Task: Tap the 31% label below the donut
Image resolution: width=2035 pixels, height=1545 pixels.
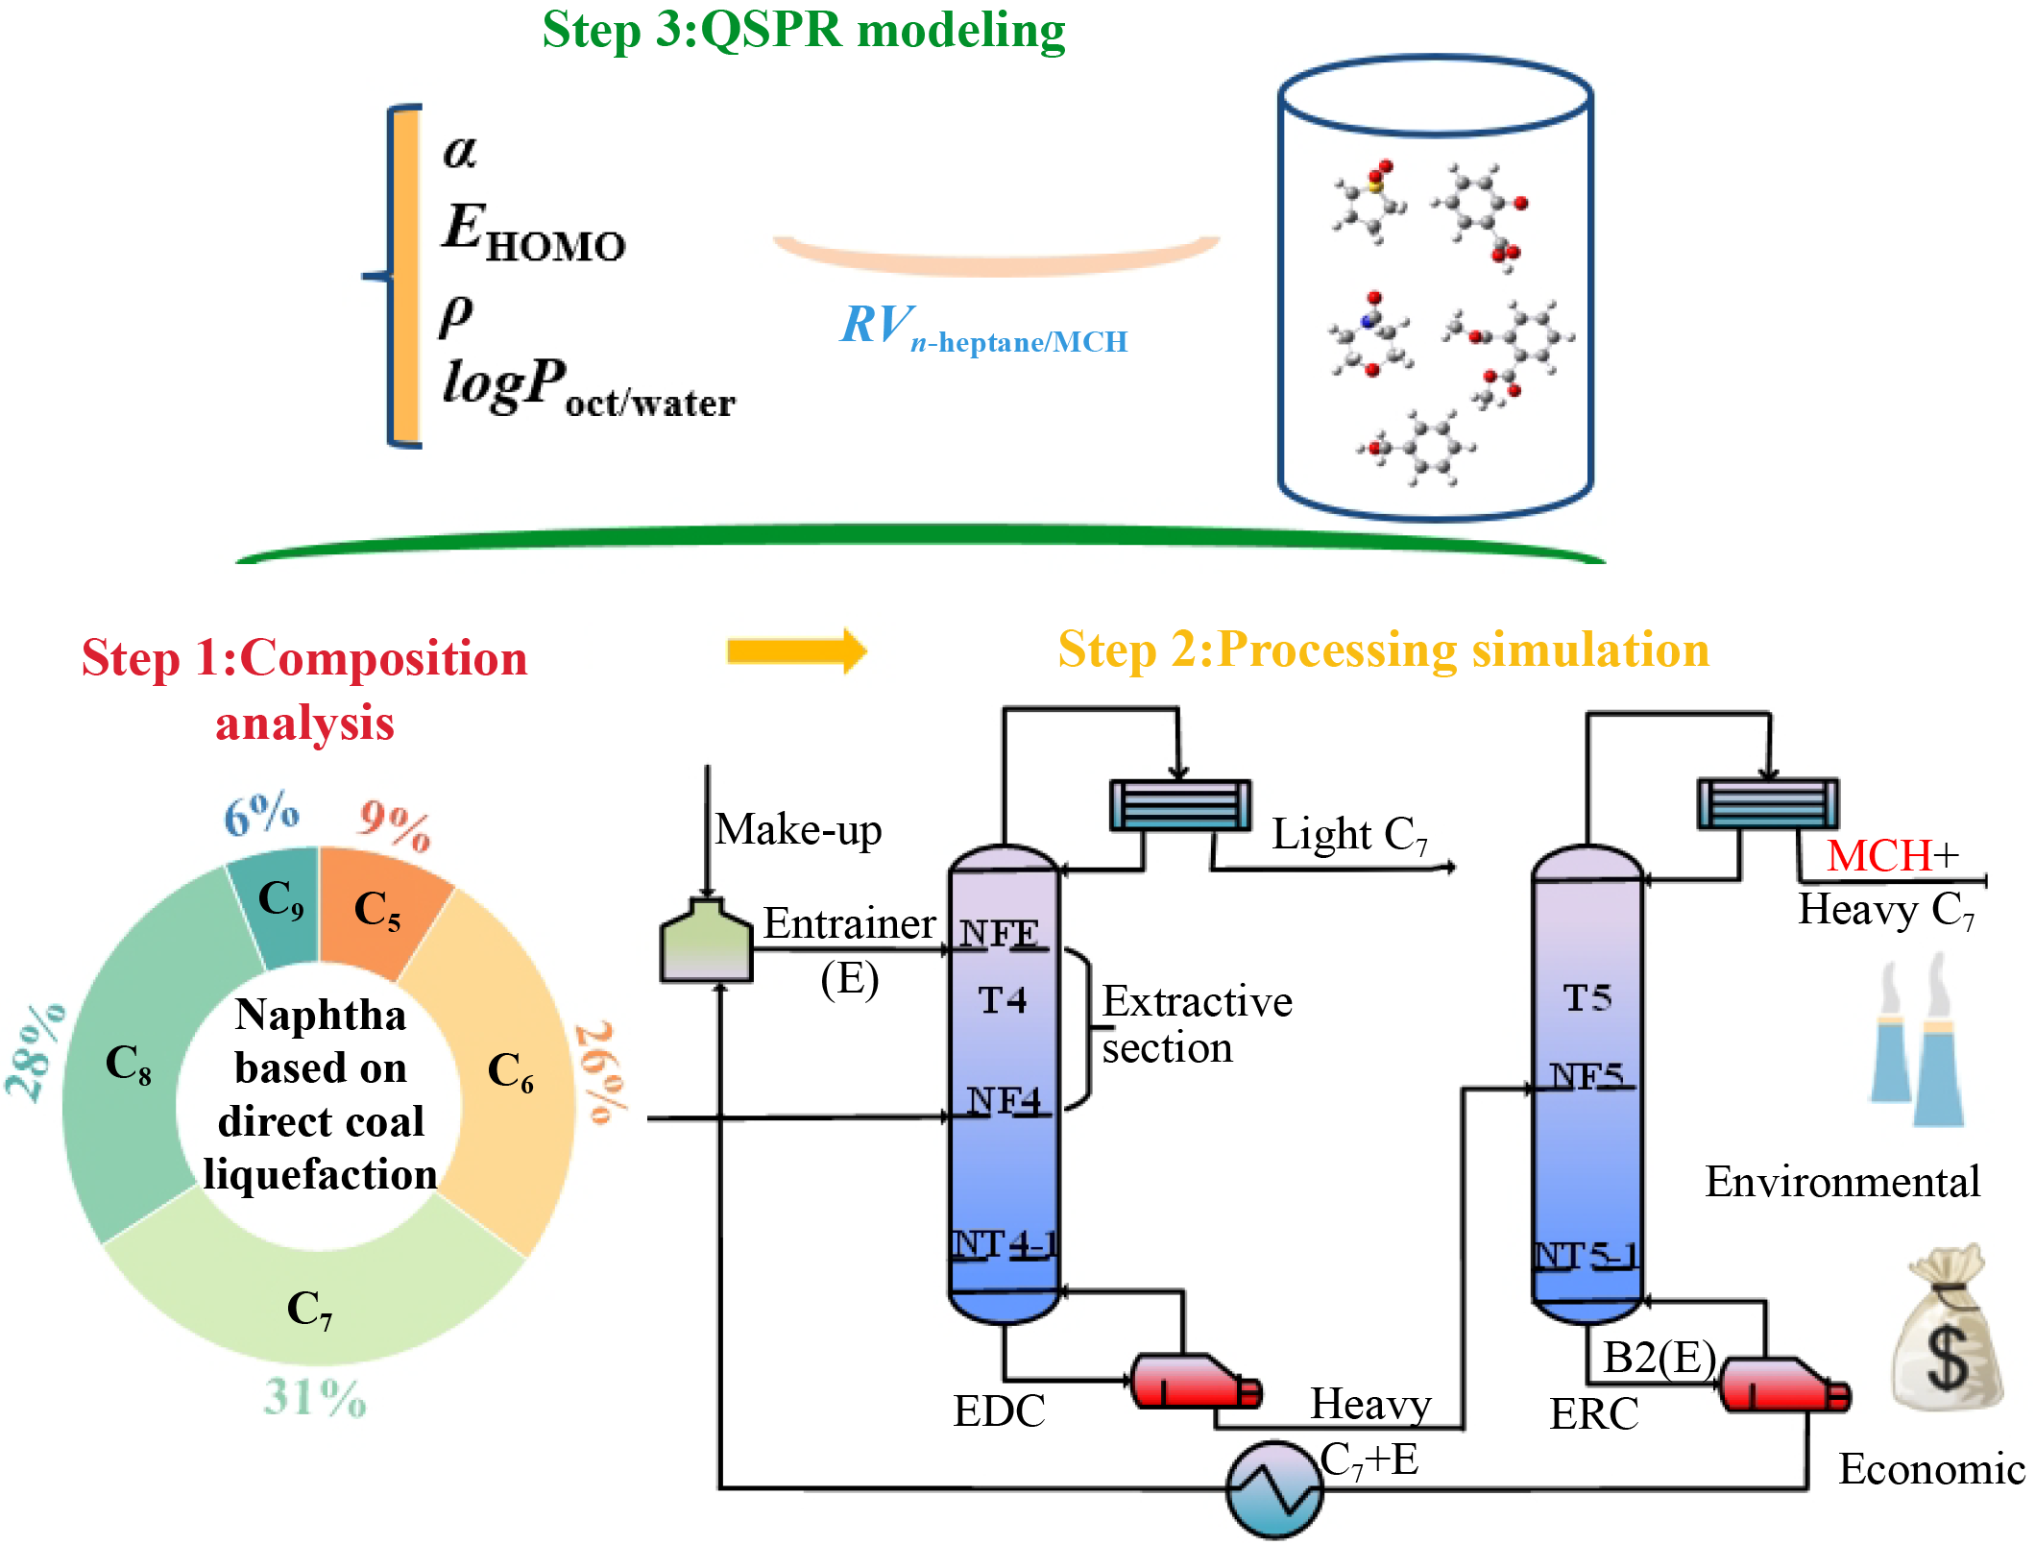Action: click(x=315, y=1398)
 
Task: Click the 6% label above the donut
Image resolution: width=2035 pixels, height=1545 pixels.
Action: click(x=261, y=815)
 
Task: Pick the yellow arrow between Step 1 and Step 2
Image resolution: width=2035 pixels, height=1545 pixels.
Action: click(x=796, y=651)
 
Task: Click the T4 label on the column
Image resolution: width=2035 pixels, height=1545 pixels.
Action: click(x=1003, y=1001)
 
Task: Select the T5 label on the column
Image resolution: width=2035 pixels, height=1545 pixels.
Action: click(x=1587, y=998)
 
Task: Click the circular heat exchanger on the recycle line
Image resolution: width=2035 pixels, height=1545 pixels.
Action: click(x=1274, y=1488)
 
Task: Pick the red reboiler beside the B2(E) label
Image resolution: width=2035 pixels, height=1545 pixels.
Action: click(x=1782, y=1385)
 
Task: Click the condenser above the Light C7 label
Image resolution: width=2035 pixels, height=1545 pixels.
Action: click(x=1180, y=805)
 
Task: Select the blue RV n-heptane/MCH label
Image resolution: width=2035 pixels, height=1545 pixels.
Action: click(x=983, y=329)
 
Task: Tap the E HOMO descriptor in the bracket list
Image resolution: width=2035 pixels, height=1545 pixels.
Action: click(x=533, y=233)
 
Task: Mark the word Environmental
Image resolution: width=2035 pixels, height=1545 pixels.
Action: click(x=1842, y=1182)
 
